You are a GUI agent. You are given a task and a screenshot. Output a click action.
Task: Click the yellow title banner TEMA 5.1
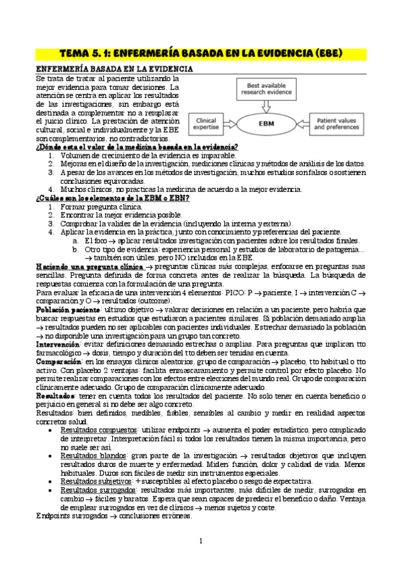[201, 52]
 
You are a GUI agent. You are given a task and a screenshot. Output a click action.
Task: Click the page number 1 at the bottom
[201, 541]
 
